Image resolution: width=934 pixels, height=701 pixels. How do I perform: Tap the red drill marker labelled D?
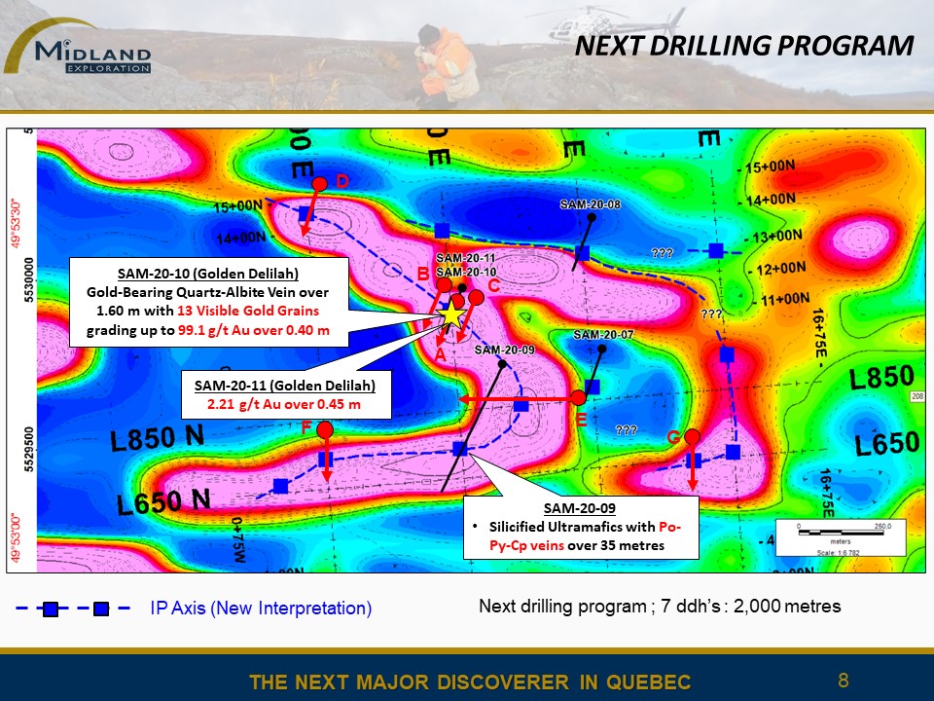coord(319,183)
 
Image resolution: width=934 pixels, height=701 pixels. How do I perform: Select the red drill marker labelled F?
coord(325,429)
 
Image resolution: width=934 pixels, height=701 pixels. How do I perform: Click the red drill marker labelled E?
coord(578,397)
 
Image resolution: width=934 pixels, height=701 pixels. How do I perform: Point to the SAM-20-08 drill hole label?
coord(590,204)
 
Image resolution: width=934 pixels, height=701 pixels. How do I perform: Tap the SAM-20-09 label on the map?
coord(504,350)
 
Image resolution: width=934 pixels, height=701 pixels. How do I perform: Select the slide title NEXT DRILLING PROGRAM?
coord(743,46)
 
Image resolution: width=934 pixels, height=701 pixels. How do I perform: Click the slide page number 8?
coord(843,680)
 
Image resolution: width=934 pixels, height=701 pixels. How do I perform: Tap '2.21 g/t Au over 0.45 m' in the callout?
coord(292,404)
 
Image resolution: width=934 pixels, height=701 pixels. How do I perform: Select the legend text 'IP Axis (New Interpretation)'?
coord(261,609)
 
